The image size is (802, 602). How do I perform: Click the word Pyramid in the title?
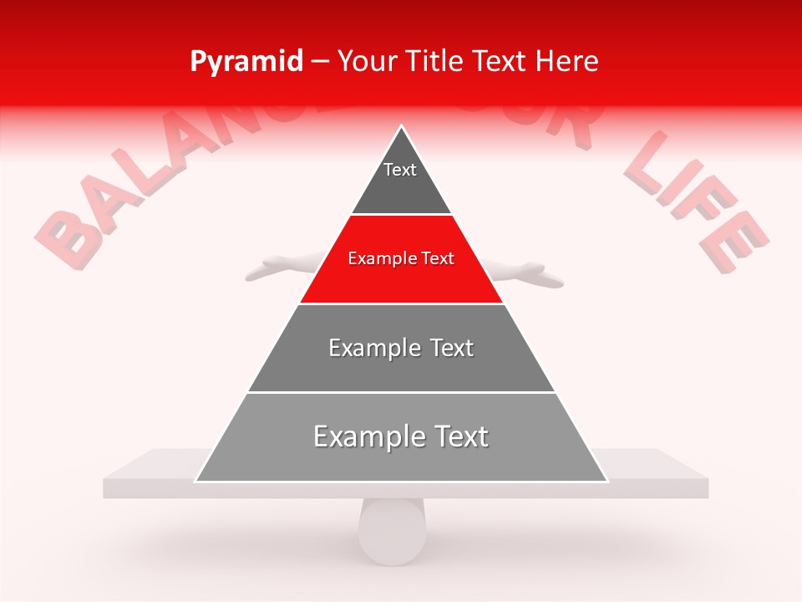click(246, 62)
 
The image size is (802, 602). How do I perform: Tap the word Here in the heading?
click(567, 62)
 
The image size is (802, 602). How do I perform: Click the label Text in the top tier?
click(400, 170)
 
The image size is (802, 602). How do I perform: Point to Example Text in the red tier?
click(401, 258)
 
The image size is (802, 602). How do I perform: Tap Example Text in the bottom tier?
click(401, 436)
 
